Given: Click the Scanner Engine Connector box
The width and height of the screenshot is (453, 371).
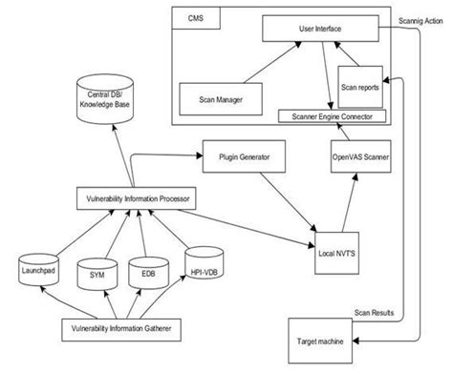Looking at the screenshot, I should pos(331,116).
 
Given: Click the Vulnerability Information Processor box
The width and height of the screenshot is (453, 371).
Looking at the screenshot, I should pos(135,199).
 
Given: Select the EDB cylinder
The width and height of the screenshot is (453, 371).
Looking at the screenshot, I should pos(148,273).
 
